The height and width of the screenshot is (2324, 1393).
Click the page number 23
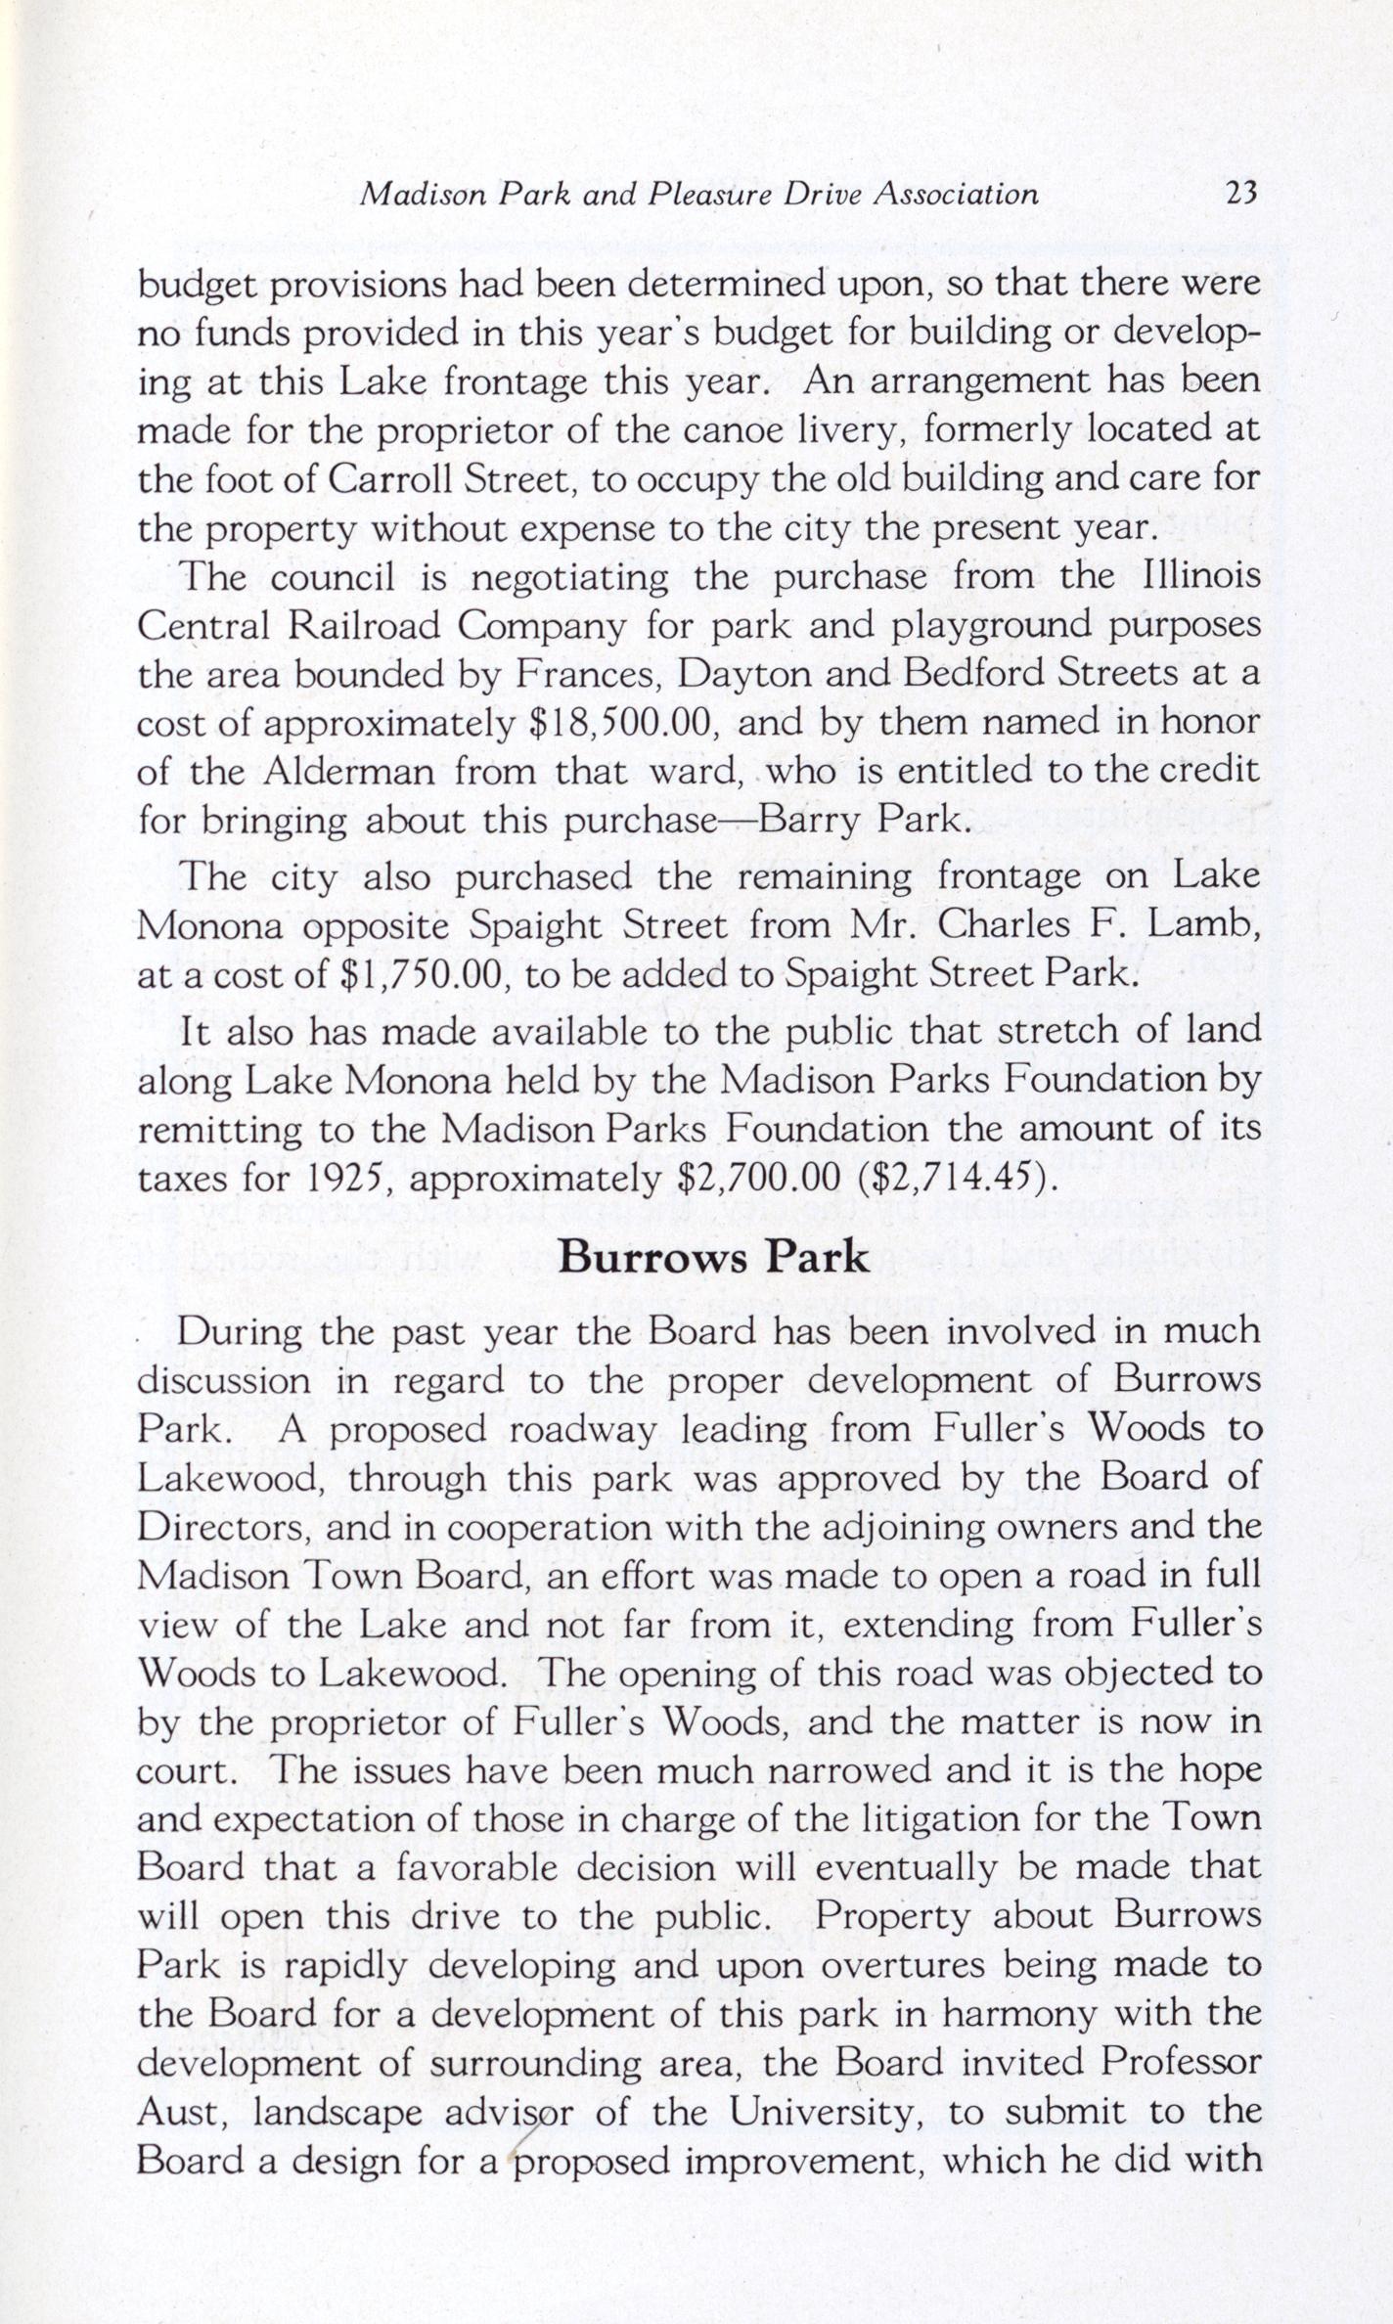(x=1238, y=195)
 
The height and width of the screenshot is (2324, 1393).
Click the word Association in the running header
(x=955, y=195)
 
